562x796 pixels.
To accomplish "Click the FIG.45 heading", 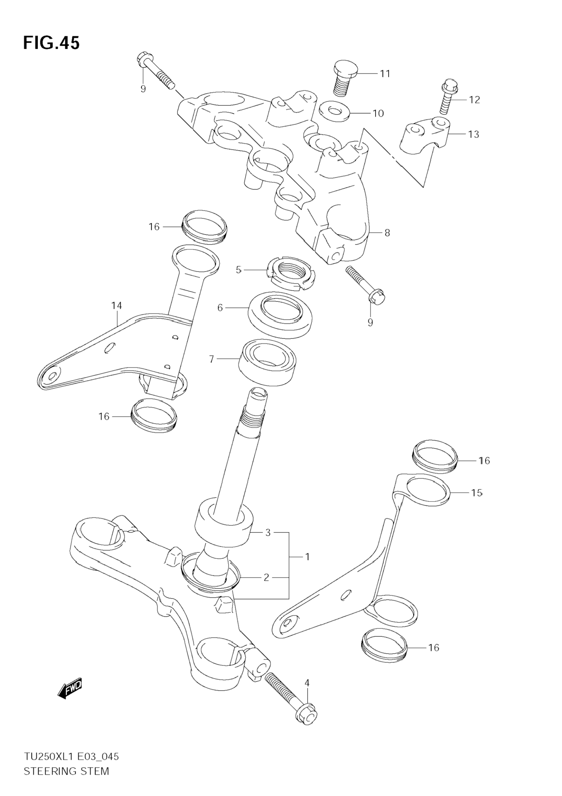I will pyautogui.click(x=51, y=43).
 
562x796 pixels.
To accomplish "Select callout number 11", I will pyautogui.click(x=385, y=73).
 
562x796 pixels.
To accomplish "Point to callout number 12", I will pyautogui.click(x=474, y=100).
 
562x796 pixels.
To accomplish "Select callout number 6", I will pyautogui.click(x=220, y=308).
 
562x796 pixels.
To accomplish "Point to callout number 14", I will pyautogui.click(x=117, y=305).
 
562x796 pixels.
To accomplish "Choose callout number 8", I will pyautogui.click(x=387, y=233).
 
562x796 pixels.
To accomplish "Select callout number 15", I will pyautogui.click(x=477, y=493).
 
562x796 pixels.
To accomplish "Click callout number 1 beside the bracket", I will pyautogui.click(x=307, y=557).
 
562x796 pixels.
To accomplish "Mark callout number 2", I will pyautogui.click(x=266, y=577).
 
